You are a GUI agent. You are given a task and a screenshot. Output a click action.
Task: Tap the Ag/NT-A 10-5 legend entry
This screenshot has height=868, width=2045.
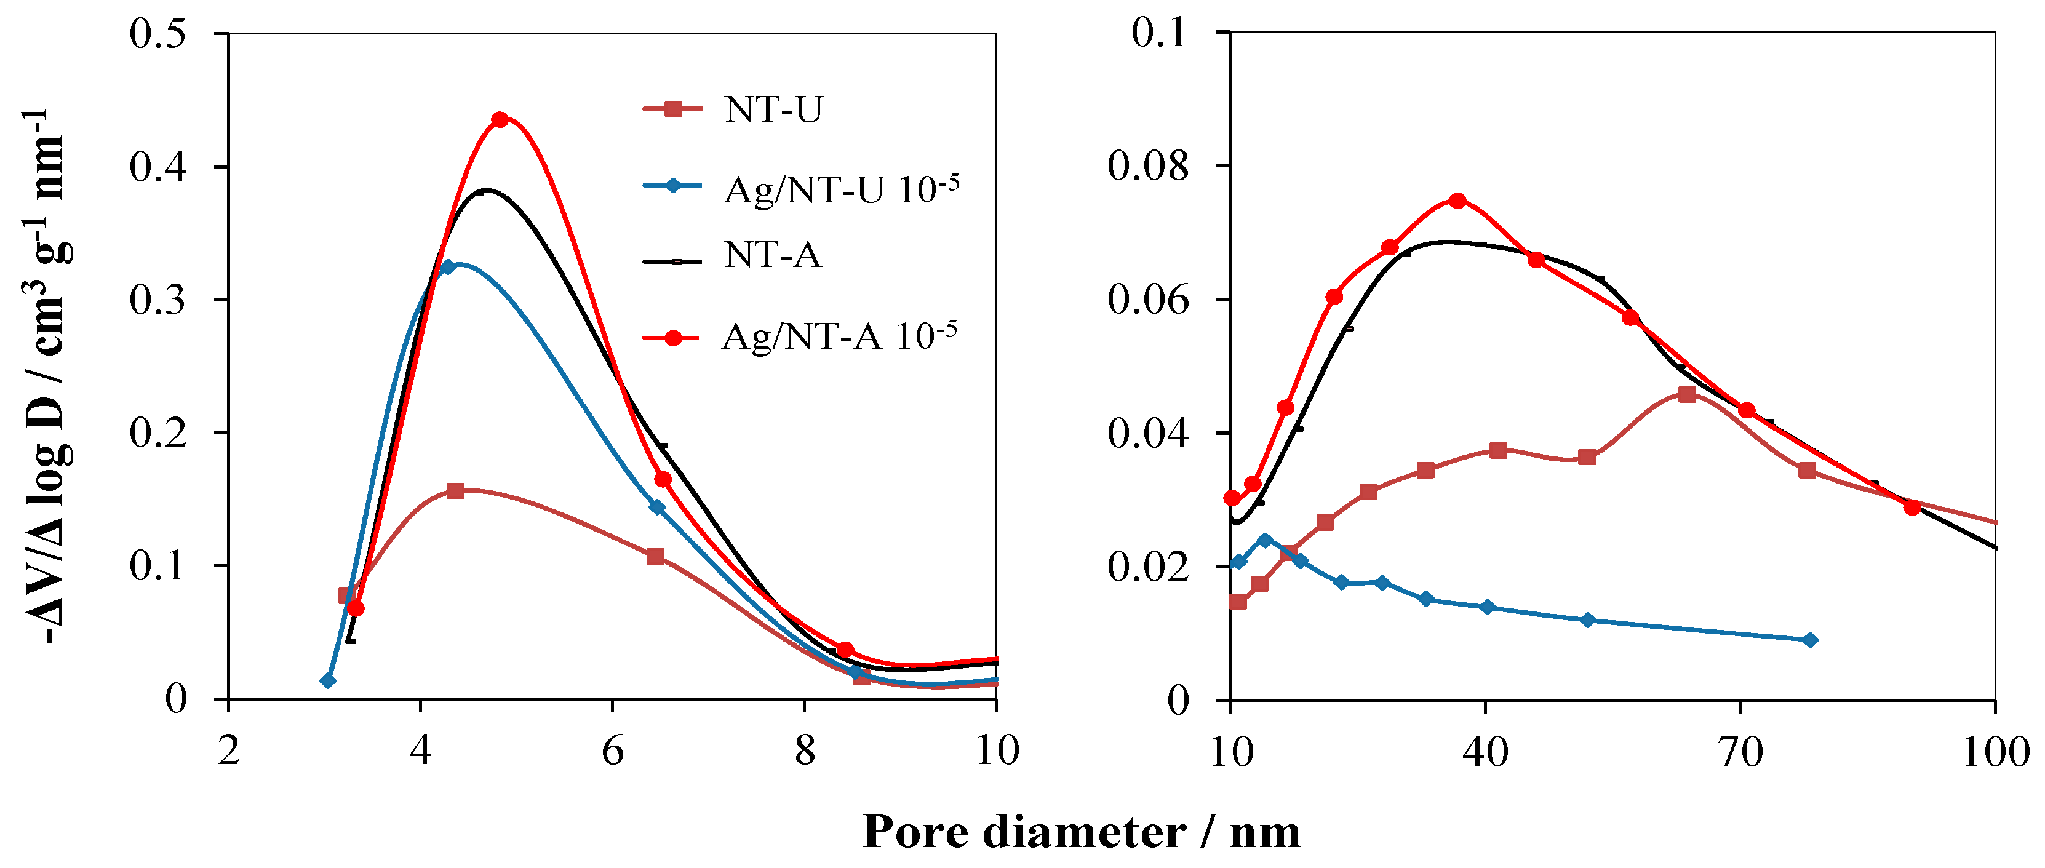click(x=839, y=336)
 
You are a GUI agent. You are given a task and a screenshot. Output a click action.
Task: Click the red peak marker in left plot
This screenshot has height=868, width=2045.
click(x=500, y=120)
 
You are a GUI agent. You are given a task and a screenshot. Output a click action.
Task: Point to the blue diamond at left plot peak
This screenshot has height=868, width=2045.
click(x=448, y=267)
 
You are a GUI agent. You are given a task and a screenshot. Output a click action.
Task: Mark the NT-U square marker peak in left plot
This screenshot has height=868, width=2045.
click(x=455, y=491)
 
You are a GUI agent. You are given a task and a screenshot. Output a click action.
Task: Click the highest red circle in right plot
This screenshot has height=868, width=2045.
click(x=1457, y=201)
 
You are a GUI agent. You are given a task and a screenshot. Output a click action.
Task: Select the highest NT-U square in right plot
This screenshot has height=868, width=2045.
click(x=1687, y=395)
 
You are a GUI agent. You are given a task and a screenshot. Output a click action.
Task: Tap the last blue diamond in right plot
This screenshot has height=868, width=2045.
click(x=1810, y=640)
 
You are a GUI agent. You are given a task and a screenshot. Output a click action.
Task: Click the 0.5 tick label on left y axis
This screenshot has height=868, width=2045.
click(x=158, y=34)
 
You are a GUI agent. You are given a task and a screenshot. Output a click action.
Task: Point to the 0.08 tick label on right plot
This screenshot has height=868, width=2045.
click(x=1148, y=167)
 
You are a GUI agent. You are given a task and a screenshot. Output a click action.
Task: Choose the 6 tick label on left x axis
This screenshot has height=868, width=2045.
click(x=612, y=751)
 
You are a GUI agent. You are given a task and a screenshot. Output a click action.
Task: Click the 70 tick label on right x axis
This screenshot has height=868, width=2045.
click(x=1741, y=751)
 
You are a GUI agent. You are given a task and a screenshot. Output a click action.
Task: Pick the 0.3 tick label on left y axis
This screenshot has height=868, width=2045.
click(x=158, y=300)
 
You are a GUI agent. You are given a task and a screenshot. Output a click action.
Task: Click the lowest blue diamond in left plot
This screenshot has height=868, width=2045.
click(x=328, y=680)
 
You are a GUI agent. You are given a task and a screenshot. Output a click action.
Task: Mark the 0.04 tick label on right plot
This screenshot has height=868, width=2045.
click(x=1148, y=434)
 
